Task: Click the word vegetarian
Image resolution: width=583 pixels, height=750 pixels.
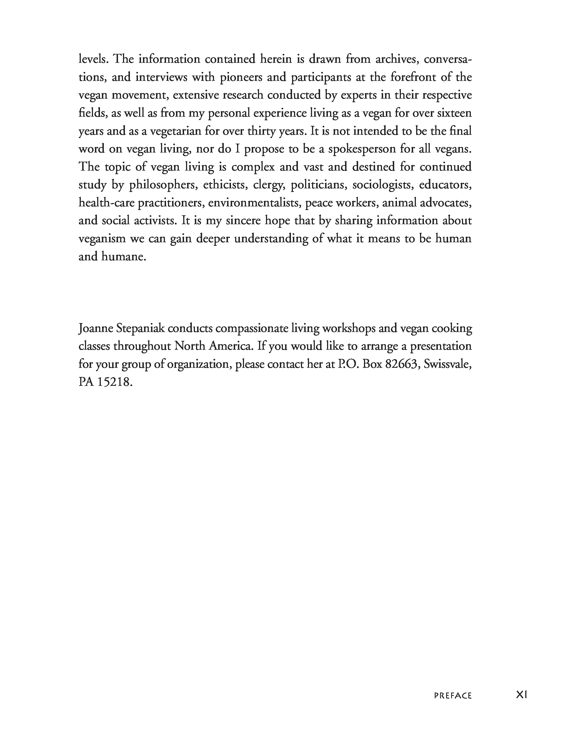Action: tap(175, 131)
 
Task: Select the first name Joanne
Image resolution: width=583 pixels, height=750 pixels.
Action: tap(96, 329)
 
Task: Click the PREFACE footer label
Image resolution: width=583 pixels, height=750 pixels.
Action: tap(453, 696)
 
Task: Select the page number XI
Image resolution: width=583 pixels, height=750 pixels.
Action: tap(521, 695)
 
